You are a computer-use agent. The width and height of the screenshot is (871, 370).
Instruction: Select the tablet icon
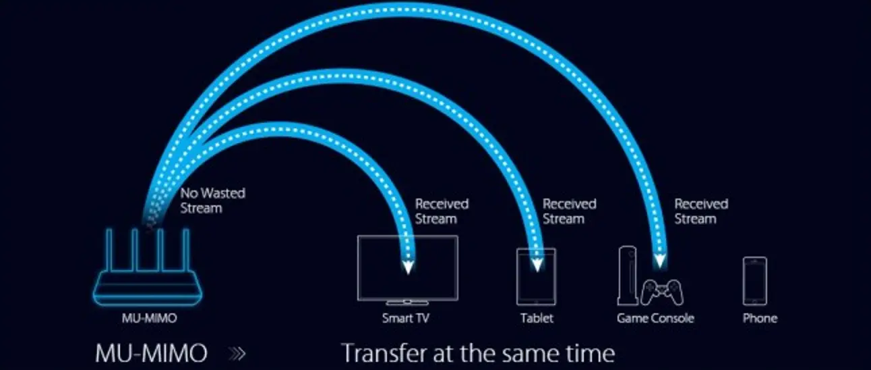point(536,277)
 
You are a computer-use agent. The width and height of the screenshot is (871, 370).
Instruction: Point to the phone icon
point(755,281)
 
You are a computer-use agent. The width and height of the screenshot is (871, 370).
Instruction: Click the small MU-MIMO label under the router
point(149,319)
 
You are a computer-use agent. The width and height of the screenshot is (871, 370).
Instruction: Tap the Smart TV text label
point(406,319)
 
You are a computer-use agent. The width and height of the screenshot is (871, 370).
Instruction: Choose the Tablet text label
point(537,319)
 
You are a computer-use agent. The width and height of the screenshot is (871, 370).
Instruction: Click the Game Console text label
point(655,319)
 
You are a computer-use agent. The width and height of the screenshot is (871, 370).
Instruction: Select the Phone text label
point(760,319)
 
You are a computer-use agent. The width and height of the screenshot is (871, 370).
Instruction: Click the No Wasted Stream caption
point(213,201)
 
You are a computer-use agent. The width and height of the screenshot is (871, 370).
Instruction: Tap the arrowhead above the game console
point(659,261)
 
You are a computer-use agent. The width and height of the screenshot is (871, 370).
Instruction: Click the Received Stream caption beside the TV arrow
point(442,211)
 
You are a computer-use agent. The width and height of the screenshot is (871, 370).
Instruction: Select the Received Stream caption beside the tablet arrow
point(569,211)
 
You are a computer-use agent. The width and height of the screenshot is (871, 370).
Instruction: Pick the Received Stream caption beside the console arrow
point(701,211)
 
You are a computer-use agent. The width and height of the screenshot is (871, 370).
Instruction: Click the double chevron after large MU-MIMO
point(237,354)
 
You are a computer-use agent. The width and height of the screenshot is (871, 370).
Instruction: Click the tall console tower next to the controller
point(627,275)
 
